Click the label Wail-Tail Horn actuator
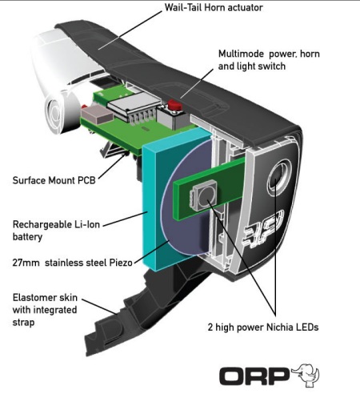coord(214,7)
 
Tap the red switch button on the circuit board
coord(175,105)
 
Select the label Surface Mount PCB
coord(54,180)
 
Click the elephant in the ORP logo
coord(306,375)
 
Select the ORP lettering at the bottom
coord(254,376)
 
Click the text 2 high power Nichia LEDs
coord(263,328)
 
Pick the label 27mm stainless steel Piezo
coord(72,263)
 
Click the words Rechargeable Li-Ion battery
coord(56,231)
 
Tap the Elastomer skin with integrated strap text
coord(45,310)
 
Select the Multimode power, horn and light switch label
coord(269,60)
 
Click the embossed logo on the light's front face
coord(263,230)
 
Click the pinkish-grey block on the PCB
coord(98,115)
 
